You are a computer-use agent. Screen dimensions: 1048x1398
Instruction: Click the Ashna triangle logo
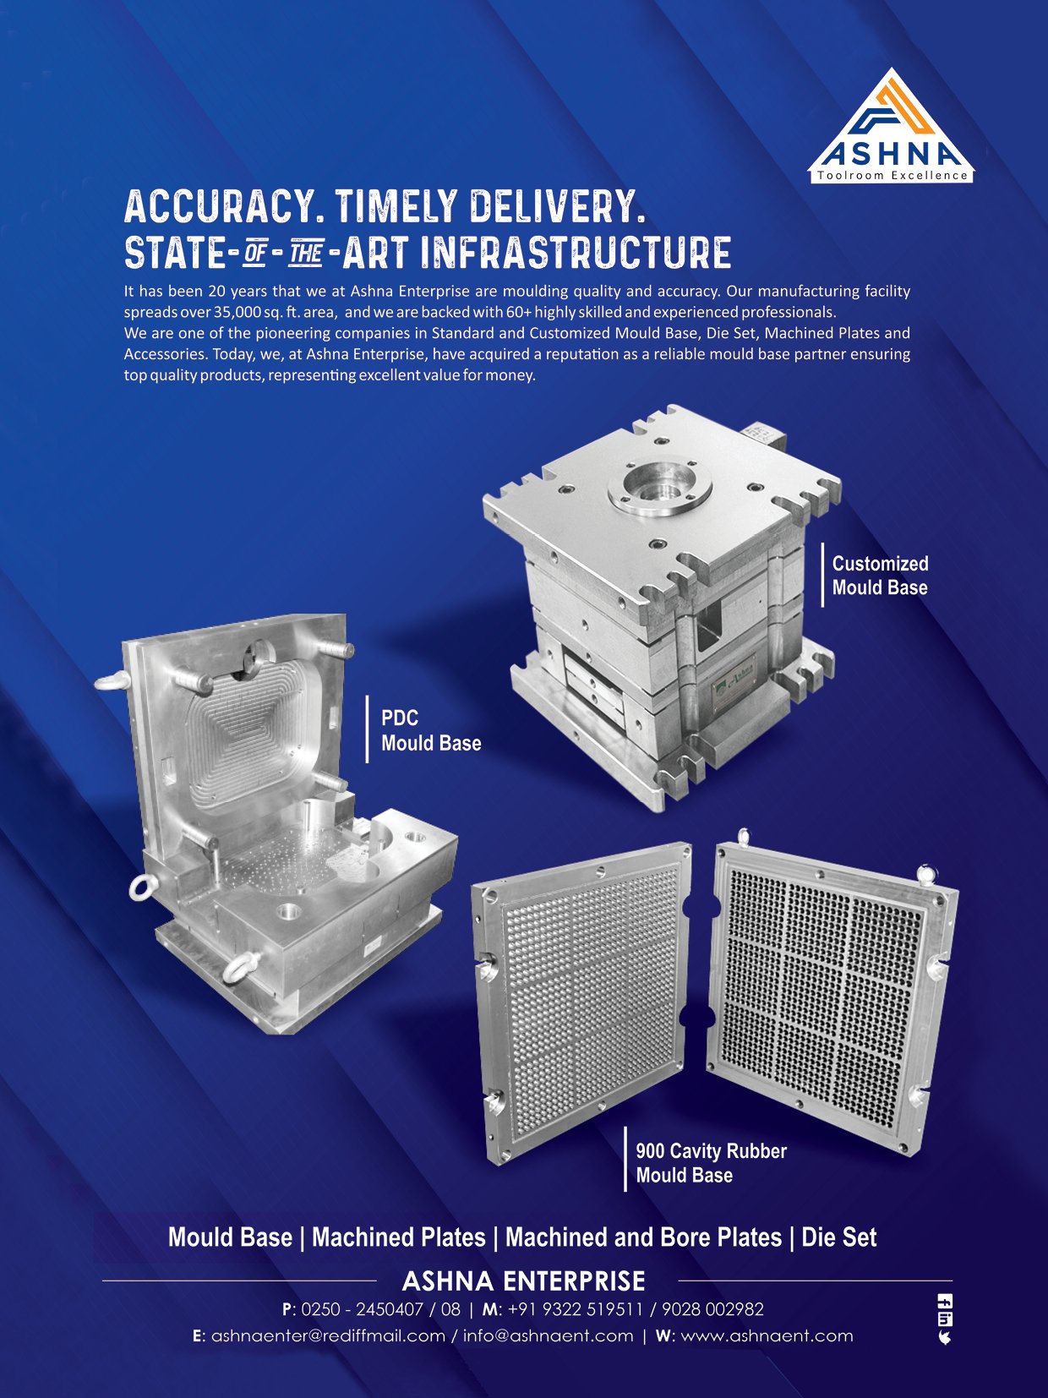coord(891,125)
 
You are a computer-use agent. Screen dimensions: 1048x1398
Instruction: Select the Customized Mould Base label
coord(880,575)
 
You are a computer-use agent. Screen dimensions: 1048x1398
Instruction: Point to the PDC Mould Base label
coord(431,730)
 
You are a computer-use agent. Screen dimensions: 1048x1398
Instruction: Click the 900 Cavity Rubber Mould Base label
coord(711,1163)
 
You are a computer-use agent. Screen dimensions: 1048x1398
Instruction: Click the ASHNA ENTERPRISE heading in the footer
coord(524,1281)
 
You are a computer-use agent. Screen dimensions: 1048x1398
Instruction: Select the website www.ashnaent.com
coord(767,1336)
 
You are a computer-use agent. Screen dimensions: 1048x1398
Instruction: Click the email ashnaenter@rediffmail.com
coord(328,1336)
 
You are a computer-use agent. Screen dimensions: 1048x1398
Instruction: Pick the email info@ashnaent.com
coord(549,1336)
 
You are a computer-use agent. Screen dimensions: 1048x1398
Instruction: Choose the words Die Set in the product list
coord(838,1237)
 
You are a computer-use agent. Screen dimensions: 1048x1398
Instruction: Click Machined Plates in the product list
coord(399,1237)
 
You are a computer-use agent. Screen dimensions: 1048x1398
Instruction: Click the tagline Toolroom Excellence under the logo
coord(892,175)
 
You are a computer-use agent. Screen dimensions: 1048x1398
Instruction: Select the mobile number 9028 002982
coord(712,1309)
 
